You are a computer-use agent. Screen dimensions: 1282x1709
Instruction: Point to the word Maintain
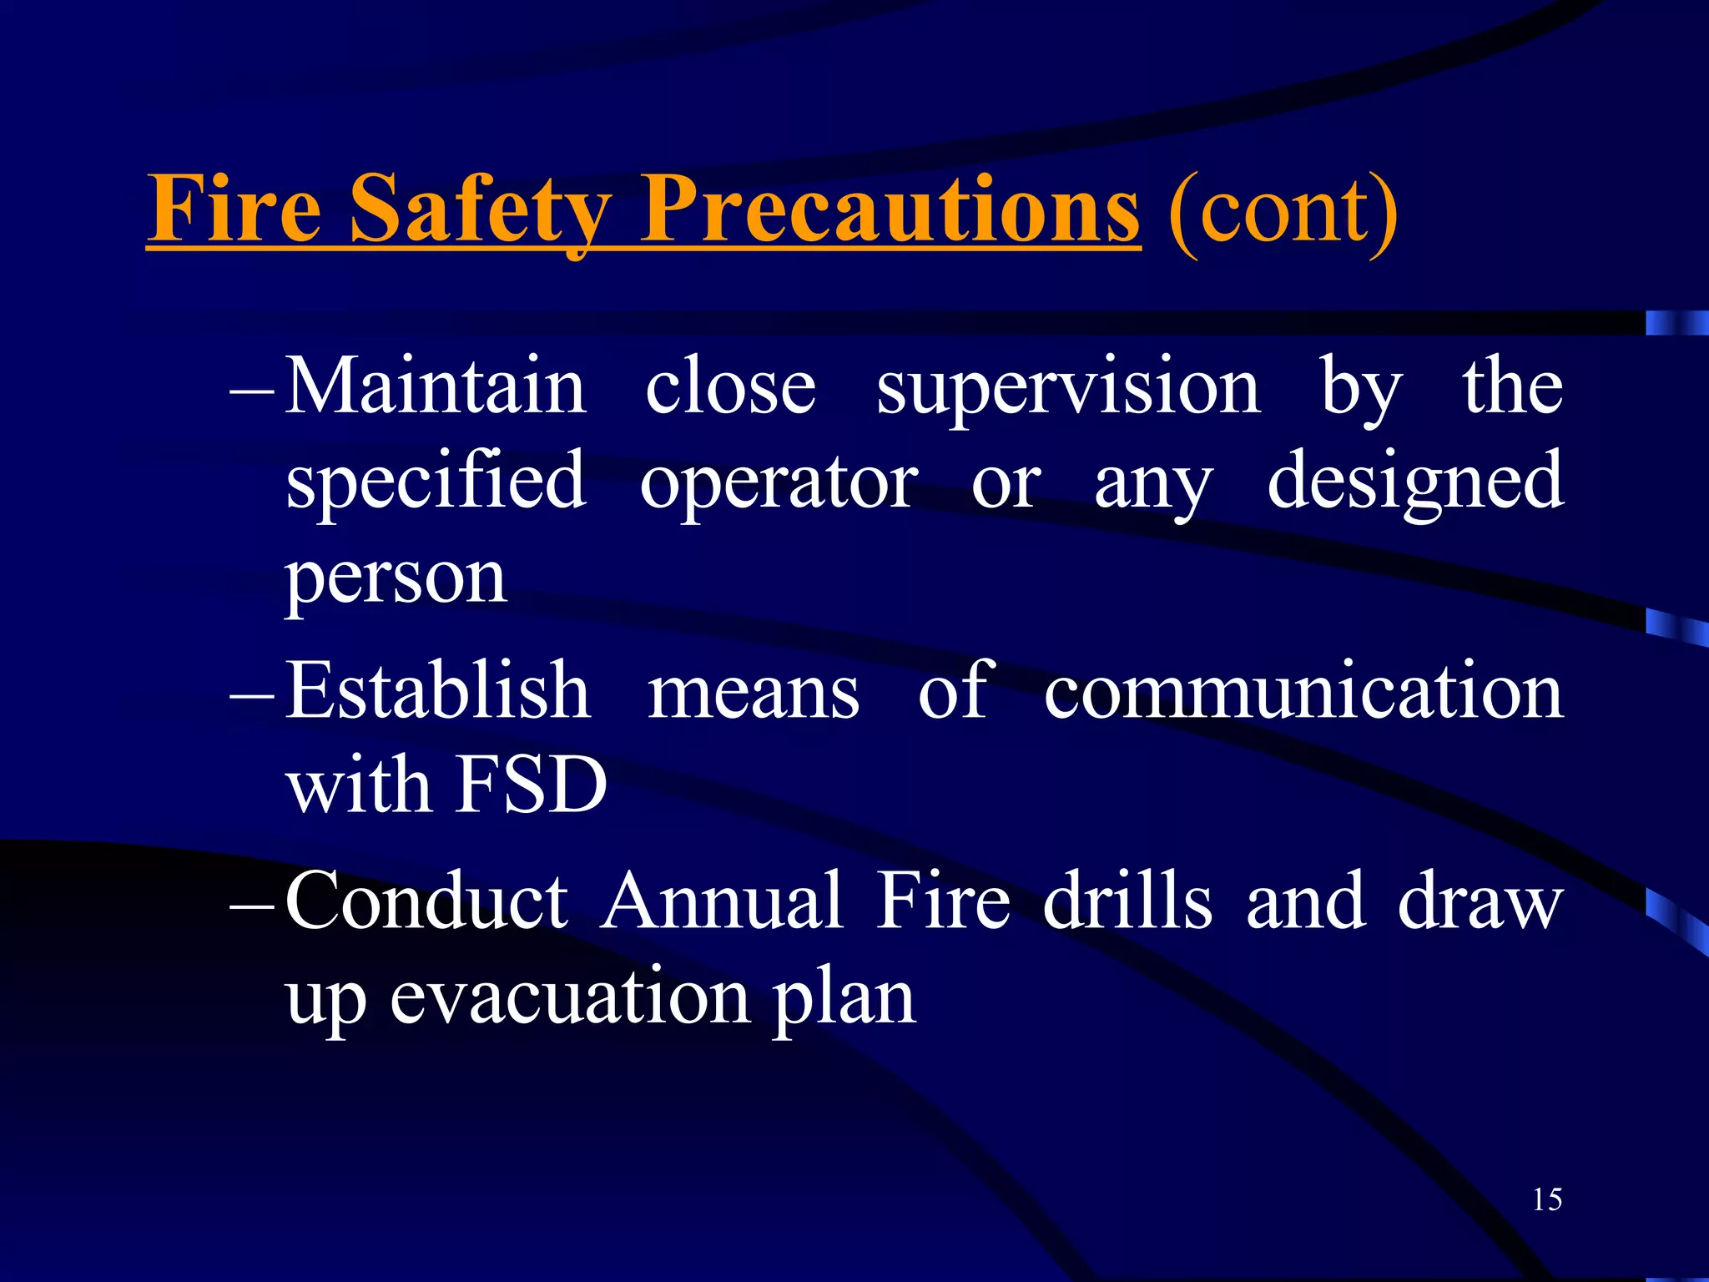point(435,386)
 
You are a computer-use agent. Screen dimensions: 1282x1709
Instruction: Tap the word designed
point(1415,482)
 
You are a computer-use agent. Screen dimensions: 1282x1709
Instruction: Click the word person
point(396,579)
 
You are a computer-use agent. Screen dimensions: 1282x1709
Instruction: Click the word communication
point(1303,691)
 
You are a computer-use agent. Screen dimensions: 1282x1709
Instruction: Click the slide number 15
point(1546,1199)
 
